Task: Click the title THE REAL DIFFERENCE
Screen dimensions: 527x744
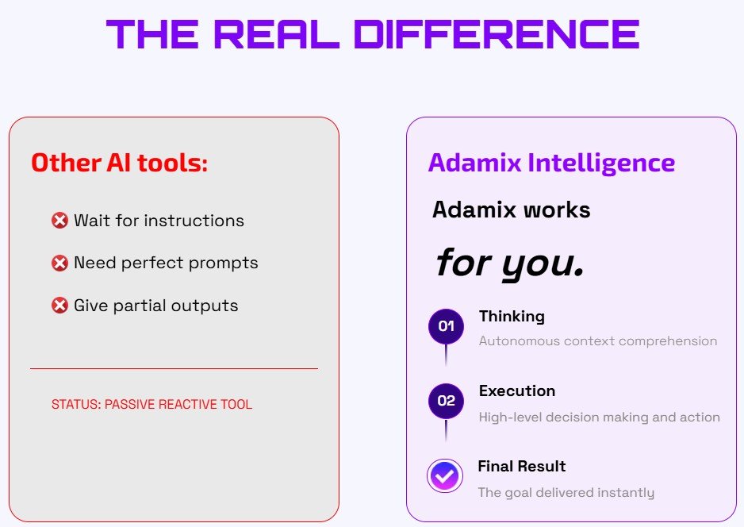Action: pos(373,35)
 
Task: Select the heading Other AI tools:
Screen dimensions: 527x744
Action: pos(119,163)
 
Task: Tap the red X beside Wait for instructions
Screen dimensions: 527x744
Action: pos(59,221)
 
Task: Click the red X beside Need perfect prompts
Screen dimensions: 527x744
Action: pos(59,263)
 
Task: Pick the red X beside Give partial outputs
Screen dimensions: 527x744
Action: pos(59,306)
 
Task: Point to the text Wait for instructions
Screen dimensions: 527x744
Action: pos(159,221)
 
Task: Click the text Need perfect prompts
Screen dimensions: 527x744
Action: pos(166,263)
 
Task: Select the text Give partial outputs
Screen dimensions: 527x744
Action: pos(155,306)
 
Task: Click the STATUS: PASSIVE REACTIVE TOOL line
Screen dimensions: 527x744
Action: pos(151,405)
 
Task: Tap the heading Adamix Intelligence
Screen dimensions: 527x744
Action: pos(551,163)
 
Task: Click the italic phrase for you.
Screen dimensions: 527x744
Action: pos(509,262)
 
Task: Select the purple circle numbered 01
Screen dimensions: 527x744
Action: pos(446,326)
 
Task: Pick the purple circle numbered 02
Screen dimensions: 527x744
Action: pos(446,401)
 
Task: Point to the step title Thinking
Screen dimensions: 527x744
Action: pos(512,316)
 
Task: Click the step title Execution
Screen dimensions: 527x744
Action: pos(516,390)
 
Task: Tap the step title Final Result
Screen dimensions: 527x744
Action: pos(521,466)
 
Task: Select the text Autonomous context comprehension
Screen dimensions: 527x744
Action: pos(597,341)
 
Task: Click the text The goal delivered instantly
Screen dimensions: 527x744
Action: pos(566,493)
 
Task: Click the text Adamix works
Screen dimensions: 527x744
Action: pos(511,210)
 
